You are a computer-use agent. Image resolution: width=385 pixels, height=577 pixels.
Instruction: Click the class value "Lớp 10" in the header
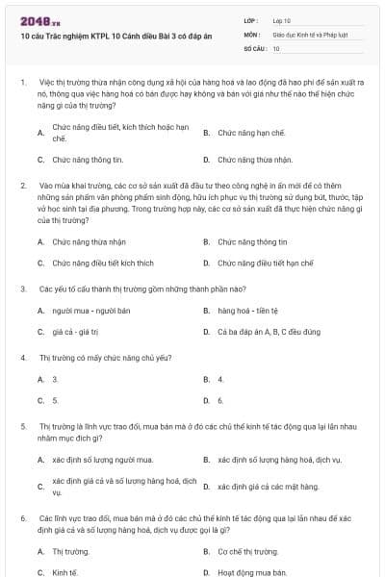[x=280, y=19]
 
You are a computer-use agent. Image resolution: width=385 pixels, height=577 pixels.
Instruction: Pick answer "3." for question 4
[x=55, y=380]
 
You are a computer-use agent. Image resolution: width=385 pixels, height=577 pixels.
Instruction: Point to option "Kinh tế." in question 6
[x=64, y=572]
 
